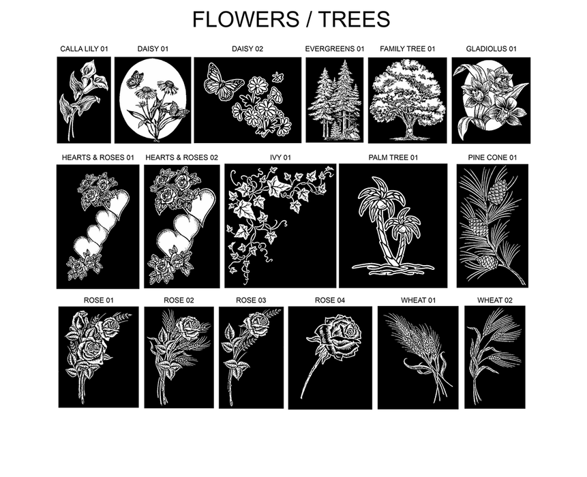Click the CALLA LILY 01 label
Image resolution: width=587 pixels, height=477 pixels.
[x=84, y=49]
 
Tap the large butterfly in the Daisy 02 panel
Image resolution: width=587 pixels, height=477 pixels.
[x=223, y=80]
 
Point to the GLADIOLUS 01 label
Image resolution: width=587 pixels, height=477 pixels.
[x=491, y=49]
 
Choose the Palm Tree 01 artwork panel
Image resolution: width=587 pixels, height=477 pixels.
[x=393, y=226]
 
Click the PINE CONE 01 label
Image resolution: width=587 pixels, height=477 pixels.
[x=492, y=157]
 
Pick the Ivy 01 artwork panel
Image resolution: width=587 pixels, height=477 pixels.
[x=280, y=226]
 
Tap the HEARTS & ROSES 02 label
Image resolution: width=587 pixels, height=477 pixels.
[x=181, y=157]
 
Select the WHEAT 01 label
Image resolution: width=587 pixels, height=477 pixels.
[x=418, y=300]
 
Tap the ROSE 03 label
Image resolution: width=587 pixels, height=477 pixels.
[x=251, y=300]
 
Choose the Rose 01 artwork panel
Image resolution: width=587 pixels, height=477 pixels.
[x=98, y=356]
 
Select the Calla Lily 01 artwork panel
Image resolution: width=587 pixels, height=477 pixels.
[x=83, y=99]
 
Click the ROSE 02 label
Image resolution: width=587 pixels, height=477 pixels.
[x=179, y=300]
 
